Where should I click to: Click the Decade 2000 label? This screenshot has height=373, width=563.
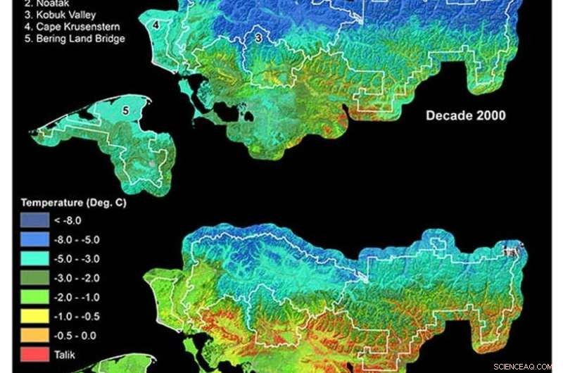pyautogui.click(x=465, y=115)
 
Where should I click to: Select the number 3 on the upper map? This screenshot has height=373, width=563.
pyautogui.click(x=258, y=37)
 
